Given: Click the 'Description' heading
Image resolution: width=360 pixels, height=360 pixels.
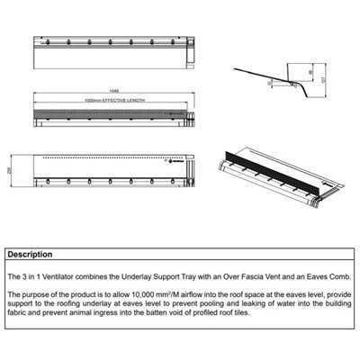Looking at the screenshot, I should coord(31,254).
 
